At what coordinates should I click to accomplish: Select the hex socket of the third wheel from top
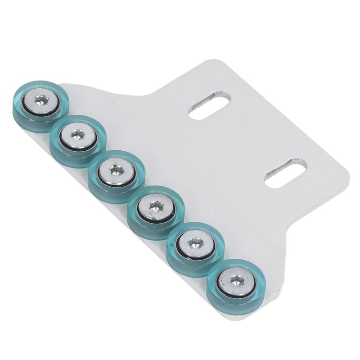coord(117,170)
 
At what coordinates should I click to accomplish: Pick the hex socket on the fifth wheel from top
coord(194,243)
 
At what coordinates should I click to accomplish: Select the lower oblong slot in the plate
coord(285,173)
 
